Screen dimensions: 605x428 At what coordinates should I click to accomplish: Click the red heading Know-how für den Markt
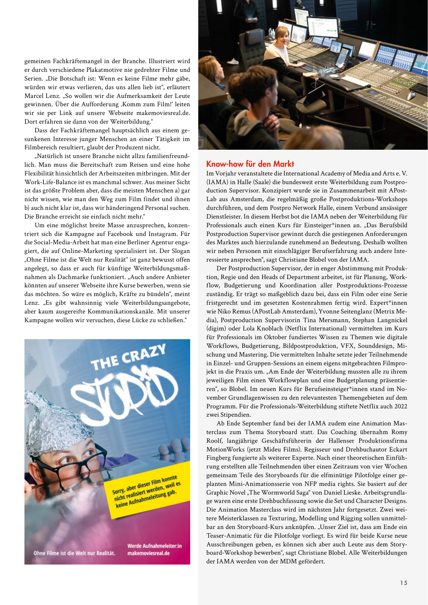click(x=250, y=164)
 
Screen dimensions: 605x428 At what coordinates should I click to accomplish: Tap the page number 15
click(x=404, y=583)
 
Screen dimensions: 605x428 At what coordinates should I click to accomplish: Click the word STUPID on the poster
click(x=125, y=389)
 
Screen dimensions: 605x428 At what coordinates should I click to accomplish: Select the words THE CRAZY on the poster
click(x=128, y=357)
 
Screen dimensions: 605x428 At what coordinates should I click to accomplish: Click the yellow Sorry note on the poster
click(x=146, y=490)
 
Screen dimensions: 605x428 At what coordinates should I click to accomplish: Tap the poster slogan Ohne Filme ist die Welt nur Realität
click(x=74, y=553)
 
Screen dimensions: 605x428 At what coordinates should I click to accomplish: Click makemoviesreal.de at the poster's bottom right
click(x=149, y=553)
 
